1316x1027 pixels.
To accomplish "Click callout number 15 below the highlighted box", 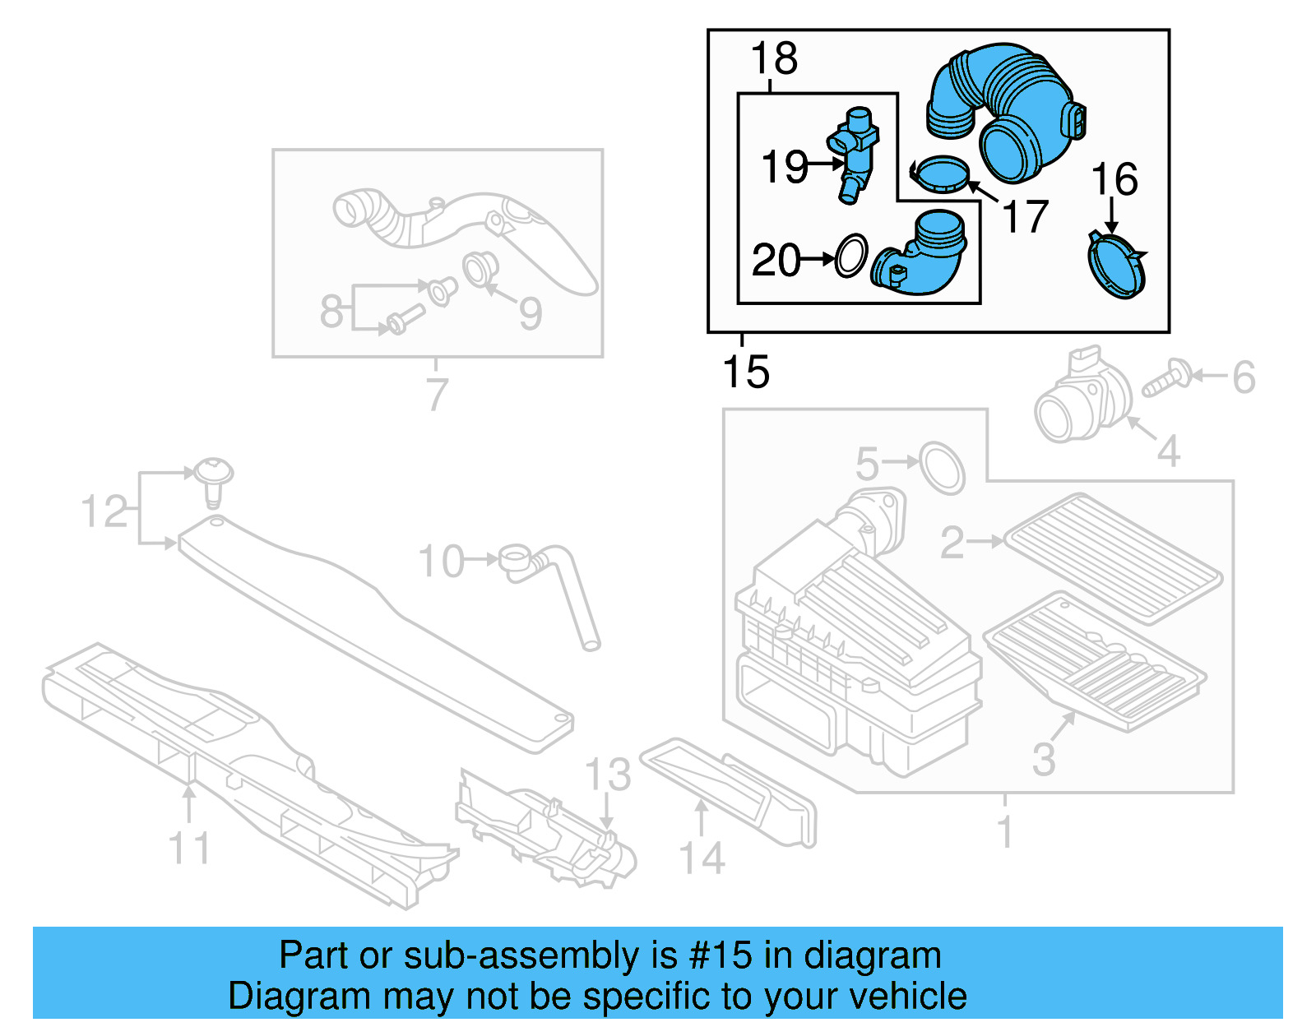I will [746, 372].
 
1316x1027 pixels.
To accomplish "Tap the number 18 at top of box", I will [774, 59].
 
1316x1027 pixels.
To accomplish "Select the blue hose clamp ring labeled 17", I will [941, 173].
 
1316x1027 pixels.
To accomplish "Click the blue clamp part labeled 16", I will [1116, 266].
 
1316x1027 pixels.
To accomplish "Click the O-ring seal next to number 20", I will [851, 256].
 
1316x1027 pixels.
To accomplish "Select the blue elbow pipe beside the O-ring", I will [921, 257].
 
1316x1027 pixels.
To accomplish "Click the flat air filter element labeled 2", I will [1114, 558].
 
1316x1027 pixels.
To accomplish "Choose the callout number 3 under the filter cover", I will [1044, 759].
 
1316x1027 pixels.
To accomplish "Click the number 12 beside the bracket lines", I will [104, 511].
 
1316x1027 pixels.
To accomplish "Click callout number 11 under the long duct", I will [189, 848].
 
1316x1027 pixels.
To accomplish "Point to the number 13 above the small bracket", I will [608, 775].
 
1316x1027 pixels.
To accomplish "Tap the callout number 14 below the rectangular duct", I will [702, 858].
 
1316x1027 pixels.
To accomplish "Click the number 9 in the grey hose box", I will [531, 313].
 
